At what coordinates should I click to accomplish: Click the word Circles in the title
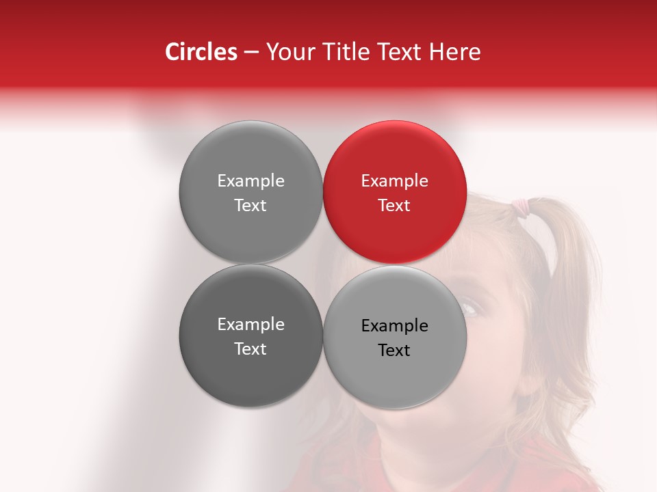click(x=201, y=52)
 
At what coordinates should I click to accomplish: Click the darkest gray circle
click(x=250, y=336)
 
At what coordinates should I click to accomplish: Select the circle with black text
click(x=395, y=338)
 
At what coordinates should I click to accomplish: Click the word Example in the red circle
click(x=394, y=181)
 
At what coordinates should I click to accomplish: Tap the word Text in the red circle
click(x=394, y=206)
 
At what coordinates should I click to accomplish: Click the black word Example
click(x=394, y=326)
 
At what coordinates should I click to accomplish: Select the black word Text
click(x=394, y=351)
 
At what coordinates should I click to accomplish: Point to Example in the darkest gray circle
click(x=250, y=325)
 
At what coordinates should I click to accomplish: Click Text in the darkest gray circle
click(x=250, y=349)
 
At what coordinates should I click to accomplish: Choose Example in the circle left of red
click(x=250, y=181)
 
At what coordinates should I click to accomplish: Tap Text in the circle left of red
click(x=250, y=206)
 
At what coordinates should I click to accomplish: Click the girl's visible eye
click(x=472, y=307)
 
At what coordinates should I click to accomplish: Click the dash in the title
click(x=251, y=53)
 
